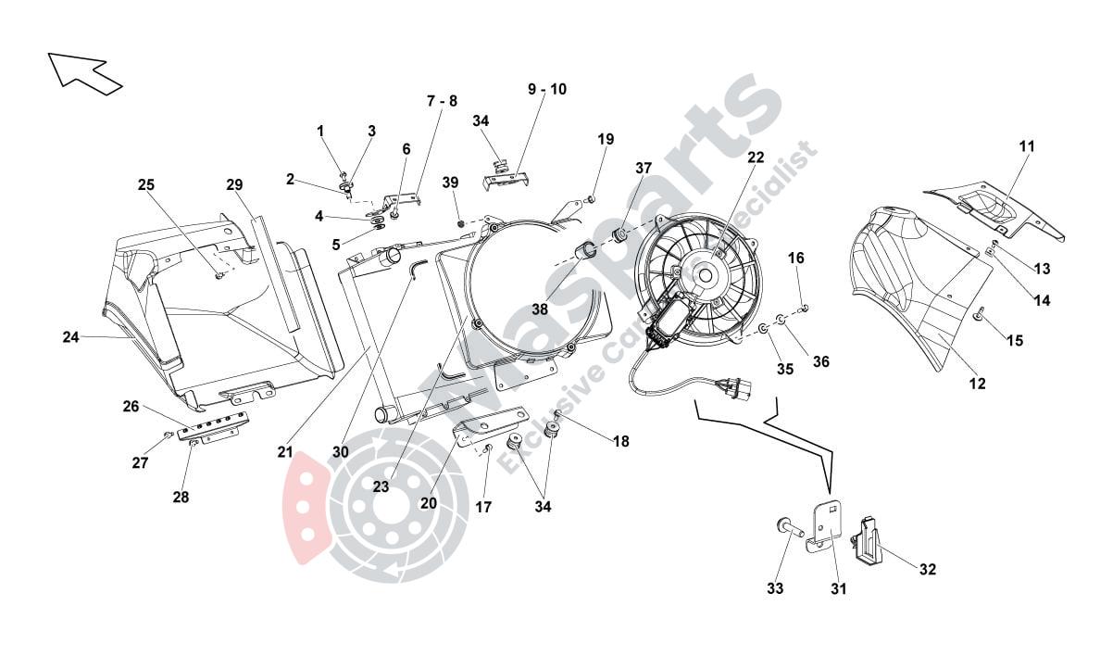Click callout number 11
tap(1027, 146)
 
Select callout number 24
tap(71, 338)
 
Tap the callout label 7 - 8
tap(442, 101)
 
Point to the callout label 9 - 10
tap(547, 90)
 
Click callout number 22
tap(756, 158)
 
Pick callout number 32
tap(928, 569)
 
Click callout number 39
tap(450, 183)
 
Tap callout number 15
tap(1015, 341)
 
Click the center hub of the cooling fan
tap(706, 273)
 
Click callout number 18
tap(620, 442)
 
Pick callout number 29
tap(234, 184)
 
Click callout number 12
tap(977, 383)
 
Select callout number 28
tap(181, 498)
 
